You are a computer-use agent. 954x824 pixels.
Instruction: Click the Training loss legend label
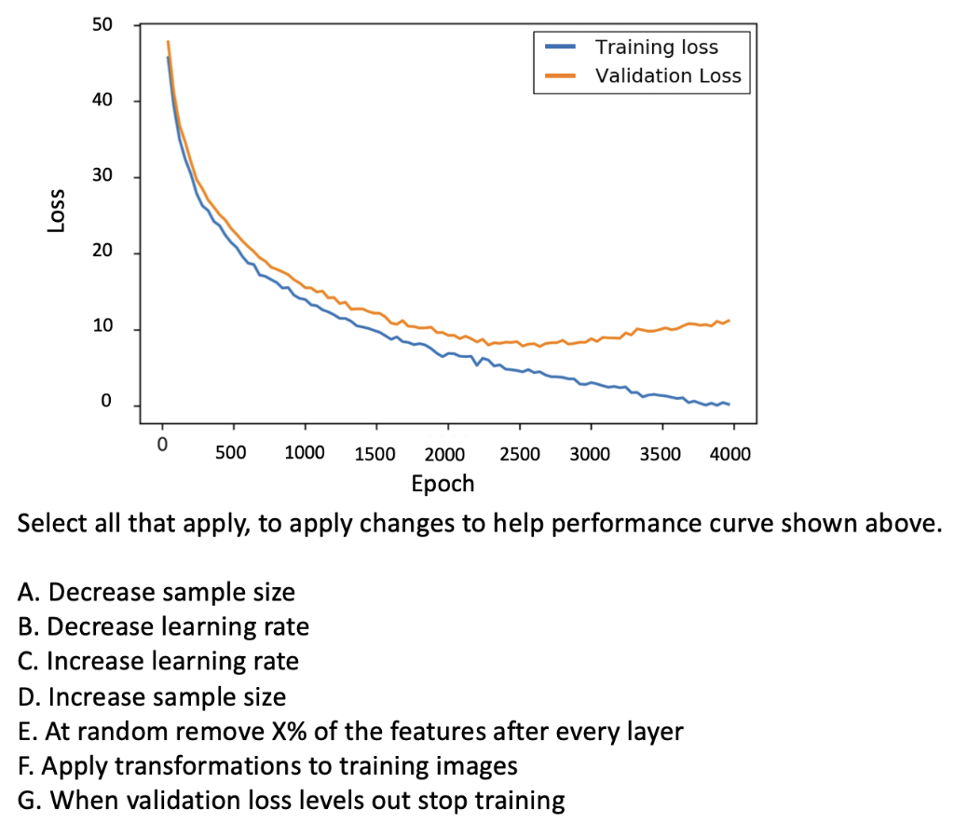[x=657, y=47]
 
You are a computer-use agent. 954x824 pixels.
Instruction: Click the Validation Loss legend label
[x=668, y=76]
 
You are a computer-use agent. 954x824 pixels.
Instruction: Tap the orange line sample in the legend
[x=558, y=76]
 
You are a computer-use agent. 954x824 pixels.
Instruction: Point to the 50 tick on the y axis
[x=102, y=24]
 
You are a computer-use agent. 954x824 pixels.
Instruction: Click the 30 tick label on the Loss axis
[x=102, y=177]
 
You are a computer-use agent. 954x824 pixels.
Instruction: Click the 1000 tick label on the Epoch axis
[x=304, y=454]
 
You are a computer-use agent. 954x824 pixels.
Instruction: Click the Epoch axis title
[x=443, y=484]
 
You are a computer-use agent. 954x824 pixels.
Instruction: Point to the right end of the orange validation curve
[x=729, y=321]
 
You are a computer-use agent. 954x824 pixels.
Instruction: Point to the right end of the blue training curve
[x=729, y=404]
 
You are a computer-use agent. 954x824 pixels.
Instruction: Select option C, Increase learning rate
[x=158, y=662]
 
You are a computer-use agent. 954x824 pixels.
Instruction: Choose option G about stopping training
[x=291, y=802]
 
